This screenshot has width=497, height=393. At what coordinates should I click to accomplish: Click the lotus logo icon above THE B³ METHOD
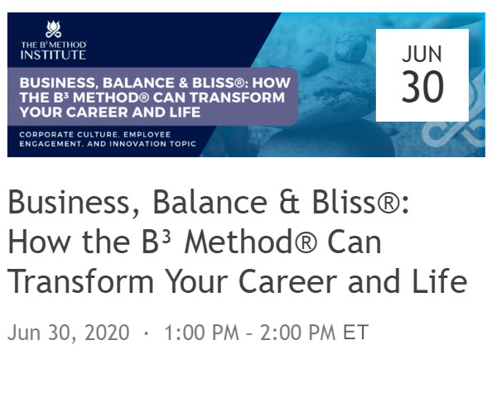(x=53, y=29)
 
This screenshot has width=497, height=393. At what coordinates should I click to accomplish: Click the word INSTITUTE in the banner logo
(x=53, y=55)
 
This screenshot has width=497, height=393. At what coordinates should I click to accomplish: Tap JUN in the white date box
(x=422, y=54)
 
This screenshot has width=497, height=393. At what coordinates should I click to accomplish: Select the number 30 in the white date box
(x=422, y=86)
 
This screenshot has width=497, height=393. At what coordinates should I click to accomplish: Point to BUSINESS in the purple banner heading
(x=57, y=84)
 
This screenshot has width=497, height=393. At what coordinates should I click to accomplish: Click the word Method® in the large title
(x=250, y=242)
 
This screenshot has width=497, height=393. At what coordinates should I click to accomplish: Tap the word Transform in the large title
(x=81, y=281)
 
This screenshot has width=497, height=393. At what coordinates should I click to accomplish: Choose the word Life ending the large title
(x=440, y=281)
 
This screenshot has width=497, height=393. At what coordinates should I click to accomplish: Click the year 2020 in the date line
(x=107, y=333)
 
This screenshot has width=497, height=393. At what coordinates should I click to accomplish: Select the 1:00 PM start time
(x=201, y=333)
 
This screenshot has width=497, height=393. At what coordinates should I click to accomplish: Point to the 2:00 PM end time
(x=298, y=333)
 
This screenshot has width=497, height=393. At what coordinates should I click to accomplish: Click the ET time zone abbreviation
(x=356, y=333)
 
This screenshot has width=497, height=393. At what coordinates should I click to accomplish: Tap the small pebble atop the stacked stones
(x=351, y=46)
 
